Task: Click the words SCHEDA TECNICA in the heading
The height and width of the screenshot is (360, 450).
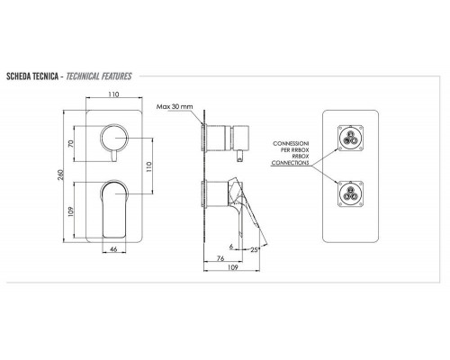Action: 32,76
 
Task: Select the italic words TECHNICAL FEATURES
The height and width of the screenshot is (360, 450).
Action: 99,76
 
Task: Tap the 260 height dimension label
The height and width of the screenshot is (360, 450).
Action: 60,175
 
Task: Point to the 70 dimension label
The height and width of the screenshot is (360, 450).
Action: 71,143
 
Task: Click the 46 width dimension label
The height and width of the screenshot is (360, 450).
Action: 113,249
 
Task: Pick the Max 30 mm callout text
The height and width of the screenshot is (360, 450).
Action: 175,106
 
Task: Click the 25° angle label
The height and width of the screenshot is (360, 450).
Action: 255,249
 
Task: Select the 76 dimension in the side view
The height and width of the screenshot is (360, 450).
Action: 220,258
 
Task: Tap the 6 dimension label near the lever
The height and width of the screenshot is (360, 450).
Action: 231,247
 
